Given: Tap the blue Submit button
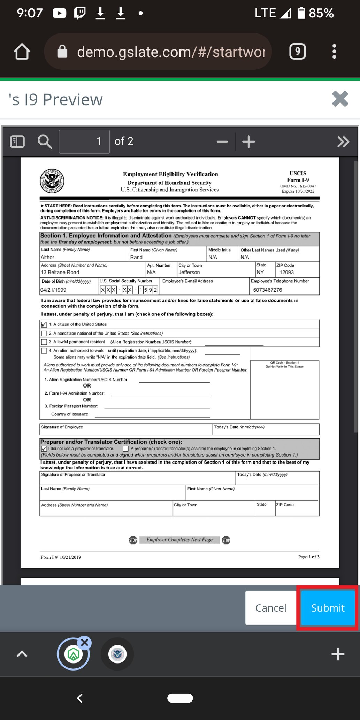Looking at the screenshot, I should (x=327, y=608).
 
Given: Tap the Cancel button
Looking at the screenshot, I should (x=270, y=608).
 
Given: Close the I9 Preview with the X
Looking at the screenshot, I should (x=340, y=99).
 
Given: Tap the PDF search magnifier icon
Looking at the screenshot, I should (x=45, y=141).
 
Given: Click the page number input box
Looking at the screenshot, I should (x=84, y=141).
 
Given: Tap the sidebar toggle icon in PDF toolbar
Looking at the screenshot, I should (x=17, y=141).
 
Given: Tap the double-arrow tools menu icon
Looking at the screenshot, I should (x=343, y=141).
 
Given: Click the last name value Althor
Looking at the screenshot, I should (x=48, y=257).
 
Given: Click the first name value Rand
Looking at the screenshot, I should (x=136, y=257).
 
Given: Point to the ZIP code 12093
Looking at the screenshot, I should (x=286, y=272).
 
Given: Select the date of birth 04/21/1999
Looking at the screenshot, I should (x=53, y=290).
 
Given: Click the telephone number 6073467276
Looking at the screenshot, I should (x=267, y=290).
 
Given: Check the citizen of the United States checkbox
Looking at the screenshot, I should (x=44, y=324).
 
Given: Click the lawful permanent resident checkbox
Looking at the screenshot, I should (x=44, y=342).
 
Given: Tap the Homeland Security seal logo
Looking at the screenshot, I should (x=52, y=181).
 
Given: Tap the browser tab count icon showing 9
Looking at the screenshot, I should (x=297, y=52).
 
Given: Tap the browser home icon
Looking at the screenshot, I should (x=22, y=52).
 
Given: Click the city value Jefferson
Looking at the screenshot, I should (x=189, y=272).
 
